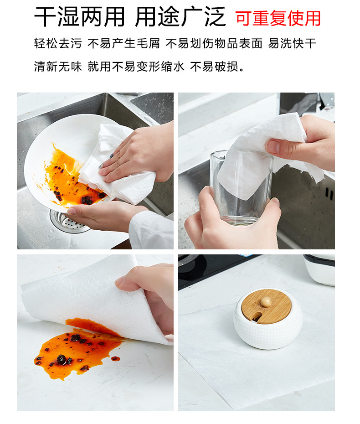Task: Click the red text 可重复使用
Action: pyautogui.click(x=278, y=18)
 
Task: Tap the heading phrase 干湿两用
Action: pyautogui.click(x=79, y=16)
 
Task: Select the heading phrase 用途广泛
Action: pyautogui.click(x=180, y=16)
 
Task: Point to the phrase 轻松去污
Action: pyautogui.click(x=58, y=43)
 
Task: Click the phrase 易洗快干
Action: pyautogui.click(x=292, y=43)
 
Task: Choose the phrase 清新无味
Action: pyautogui.click(x=58, y=66)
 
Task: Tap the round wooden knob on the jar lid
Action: pyautogui.click(x=266, y=302)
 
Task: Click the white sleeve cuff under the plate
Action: pyautogui.click(x=150, y=230)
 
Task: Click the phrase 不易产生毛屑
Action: pyautogui.click(x=123, y=43)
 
